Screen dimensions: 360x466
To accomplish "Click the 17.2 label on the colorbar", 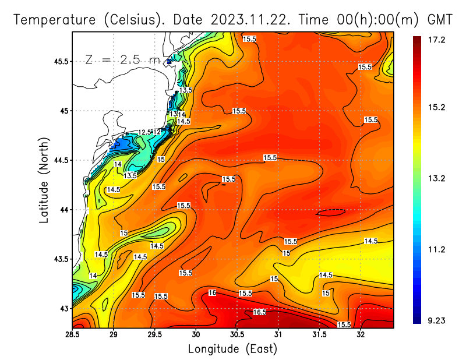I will (x=437, y=40).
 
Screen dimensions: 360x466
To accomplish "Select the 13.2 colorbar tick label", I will (x=437, y=178).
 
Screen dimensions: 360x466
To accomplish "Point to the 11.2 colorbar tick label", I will (x=437, y=249).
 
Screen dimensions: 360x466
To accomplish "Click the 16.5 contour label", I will (x=260, y=312).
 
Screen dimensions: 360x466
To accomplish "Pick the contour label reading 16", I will (x=212, y=292).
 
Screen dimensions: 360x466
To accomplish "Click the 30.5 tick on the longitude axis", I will (x=237, y=334).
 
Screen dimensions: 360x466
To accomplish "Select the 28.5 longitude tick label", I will (x=72, y=334).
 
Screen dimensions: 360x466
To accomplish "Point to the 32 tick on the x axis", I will (x=361, y=334).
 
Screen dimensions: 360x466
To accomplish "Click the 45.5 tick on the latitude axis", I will (x=60, y=61).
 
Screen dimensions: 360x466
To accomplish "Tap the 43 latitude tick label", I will (x=63, y=308).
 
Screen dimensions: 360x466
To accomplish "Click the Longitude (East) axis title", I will (x=232, y=349).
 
